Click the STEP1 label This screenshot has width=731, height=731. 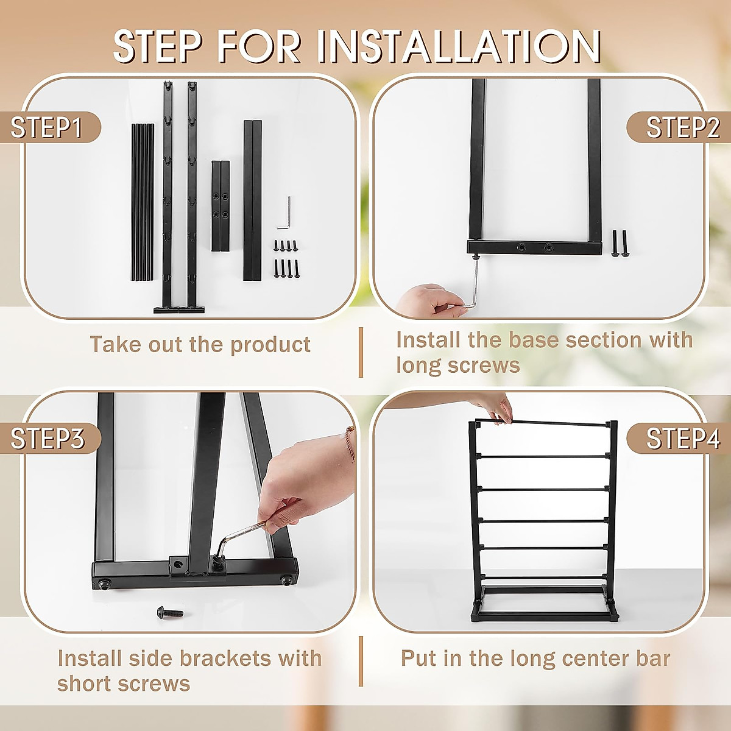pyautogui.click(x=46, y=127)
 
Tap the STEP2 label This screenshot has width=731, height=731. pyautogui.click(x=683, y=127)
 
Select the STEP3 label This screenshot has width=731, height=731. pyautogui.click(x=48, y=439)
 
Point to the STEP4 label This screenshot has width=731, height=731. pyautogui.click(x=683, y=439)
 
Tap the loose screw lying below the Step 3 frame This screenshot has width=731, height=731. pyautogui.click(x=170, y=612)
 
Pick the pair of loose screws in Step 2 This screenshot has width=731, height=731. pyautogui.click(x=619, y=244)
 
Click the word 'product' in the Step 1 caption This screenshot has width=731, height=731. pyautogui.click(x=270, y=345)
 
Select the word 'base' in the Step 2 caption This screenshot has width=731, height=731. pyautogui.click(x=533, y=340)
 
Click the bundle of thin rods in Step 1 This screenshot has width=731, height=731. pyautogui.click(x=143, y=202)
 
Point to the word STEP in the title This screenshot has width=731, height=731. pyautogui.click(x=163, y=46)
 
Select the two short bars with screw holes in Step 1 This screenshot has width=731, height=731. pyautogui.click(x=221, y=206)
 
